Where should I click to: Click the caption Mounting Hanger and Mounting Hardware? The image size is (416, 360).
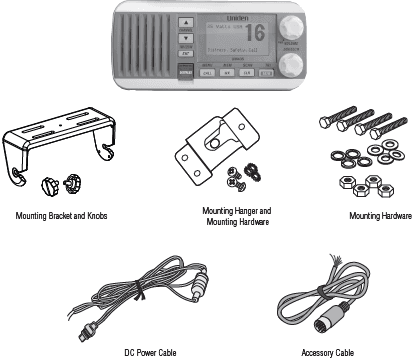point(236,217)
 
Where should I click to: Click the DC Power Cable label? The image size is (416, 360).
point(153,352)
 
